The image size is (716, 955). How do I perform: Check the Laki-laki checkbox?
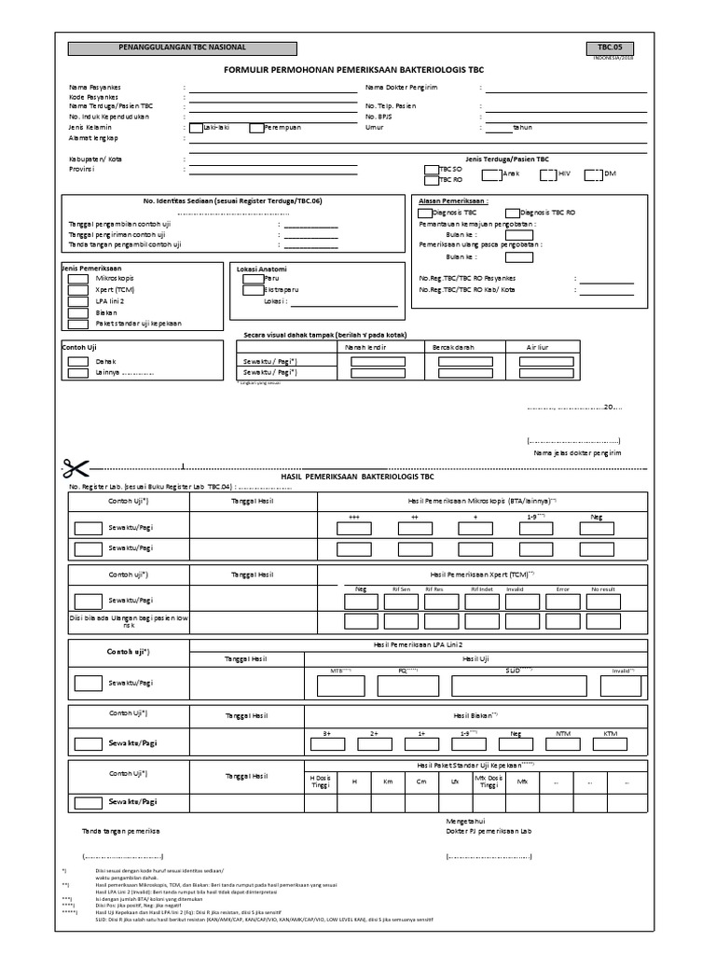tap(196, 128)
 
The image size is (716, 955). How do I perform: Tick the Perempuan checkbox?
tap(256, 128)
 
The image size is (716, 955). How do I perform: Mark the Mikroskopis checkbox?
tap(78, 279)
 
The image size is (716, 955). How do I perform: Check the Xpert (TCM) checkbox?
tap(78, 290)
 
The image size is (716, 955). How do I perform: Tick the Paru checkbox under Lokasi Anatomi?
tap(249, 278)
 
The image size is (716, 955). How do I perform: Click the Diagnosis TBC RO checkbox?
tap(512, 213)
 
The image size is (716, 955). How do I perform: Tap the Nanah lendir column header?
tap(366, 347)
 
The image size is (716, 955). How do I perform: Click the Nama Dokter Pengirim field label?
tap(402, 87)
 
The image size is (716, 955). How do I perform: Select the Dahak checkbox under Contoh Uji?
tap(78, 361)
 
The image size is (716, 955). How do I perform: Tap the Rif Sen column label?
tap(401, 589)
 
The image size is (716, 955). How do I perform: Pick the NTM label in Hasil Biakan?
tap(562, 733)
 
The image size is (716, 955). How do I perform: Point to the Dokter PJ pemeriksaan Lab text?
tap(489, 830)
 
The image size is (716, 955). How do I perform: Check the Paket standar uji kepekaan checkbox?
tap(78, 324)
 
